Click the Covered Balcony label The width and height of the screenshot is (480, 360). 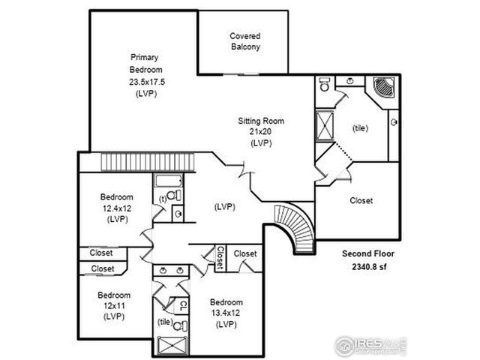[245, 40]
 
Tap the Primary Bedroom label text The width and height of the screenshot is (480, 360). [144, 64]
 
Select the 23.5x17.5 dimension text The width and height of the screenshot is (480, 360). [144, 82]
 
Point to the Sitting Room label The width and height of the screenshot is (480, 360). [261, 121]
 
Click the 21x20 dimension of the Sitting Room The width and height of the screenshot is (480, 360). [261, 131]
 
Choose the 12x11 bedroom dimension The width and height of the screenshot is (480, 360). [114, 305]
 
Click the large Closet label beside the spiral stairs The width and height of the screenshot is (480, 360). [361, 200]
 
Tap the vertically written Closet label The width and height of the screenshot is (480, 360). [220, 259]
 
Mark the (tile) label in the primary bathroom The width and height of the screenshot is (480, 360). [361, 128]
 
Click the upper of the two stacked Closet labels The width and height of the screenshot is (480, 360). [102, 253]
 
